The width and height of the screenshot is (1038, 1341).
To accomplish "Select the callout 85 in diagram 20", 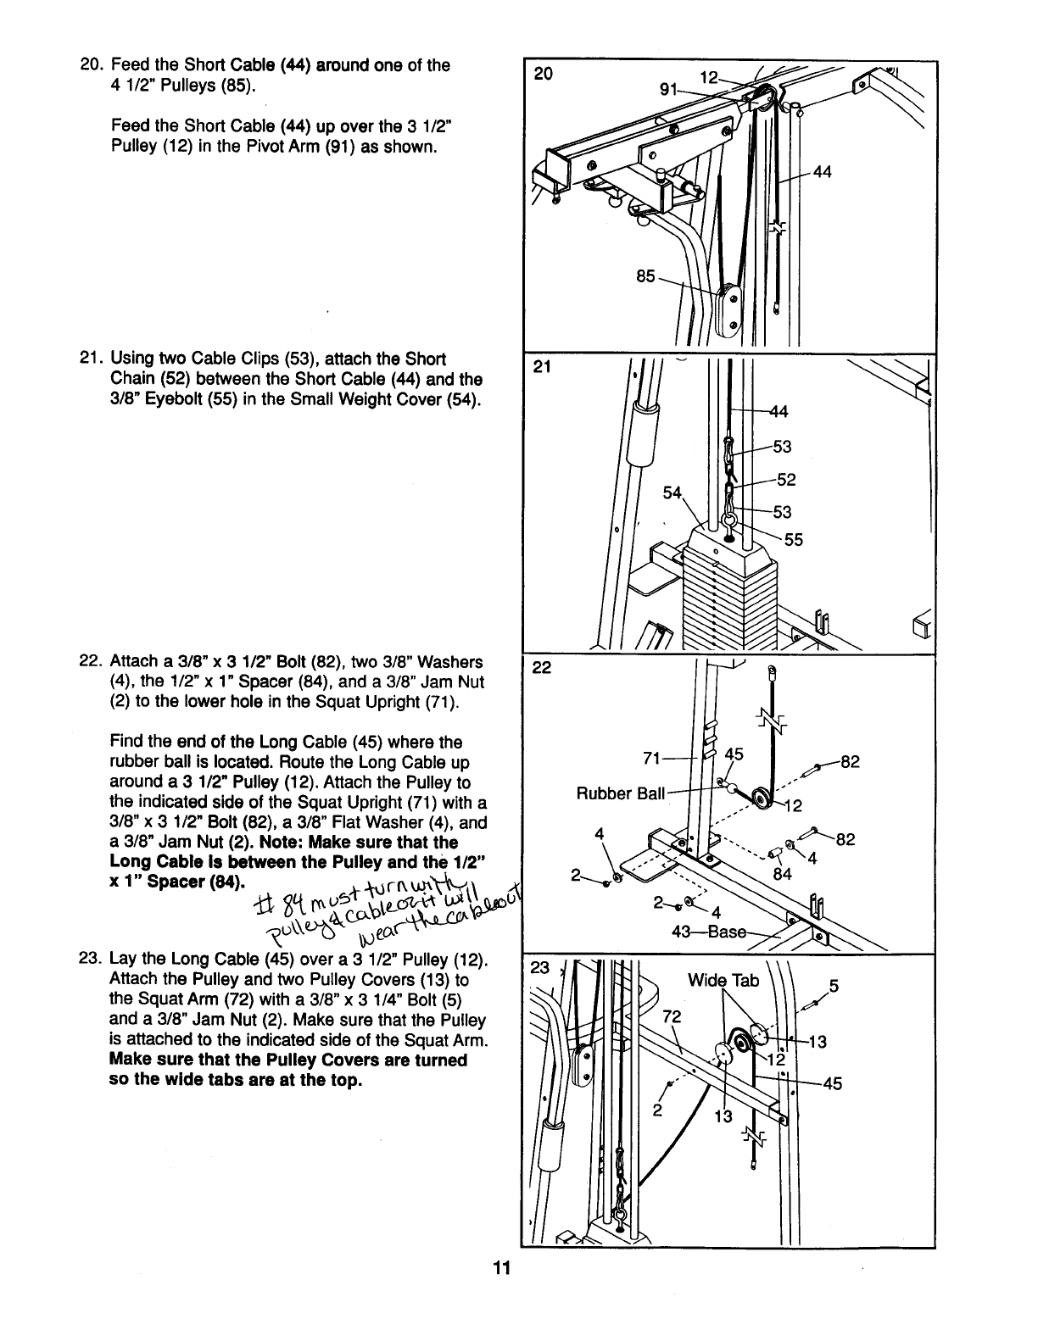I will tap(646, 275).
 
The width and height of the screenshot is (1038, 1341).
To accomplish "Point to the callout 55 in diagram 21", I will tap(794, 540).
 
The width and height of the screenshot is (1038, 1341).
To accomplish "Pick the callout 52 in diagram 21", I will tap(786, 480).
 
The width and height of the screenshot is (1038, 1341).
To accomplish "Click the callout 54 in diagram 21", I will tap(672, 492).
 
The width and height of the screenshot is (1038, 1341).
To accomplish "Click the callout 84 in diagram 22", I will tap(782, 874).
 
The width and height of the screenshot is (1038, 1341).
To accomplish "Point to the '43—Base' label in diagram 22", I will tap(714, 931).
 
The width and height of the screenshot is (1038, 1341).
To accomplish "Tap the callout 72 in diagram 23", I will tap(672, 1016).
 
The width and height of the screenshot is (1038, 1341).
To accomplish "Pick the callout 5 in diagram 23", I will tap(834, 986).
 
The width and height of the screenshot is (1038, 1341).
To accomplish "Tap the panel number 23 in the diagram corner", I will tap(538, 968).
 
